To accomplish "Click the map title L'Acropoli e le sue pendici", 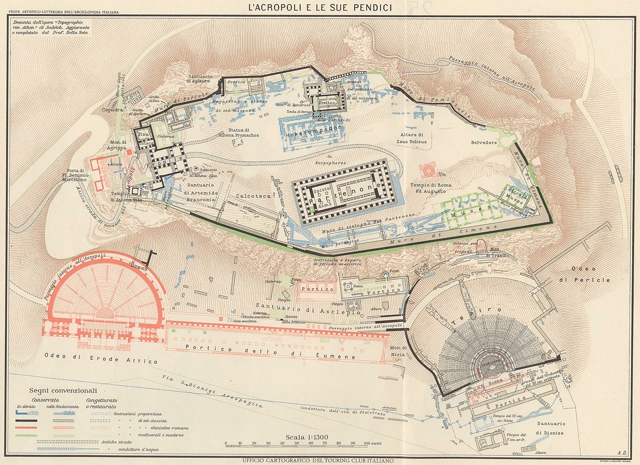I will (320, 8).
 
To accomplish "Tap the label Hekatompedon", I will (314, 128).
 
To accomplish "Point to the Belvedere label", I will (484, 143).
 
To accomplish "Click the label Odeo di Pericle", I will (591, 274).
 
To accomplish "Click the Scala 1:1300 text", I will (306, 437).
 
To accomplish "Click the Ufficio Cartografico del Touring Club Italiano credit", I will (318, 460).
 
